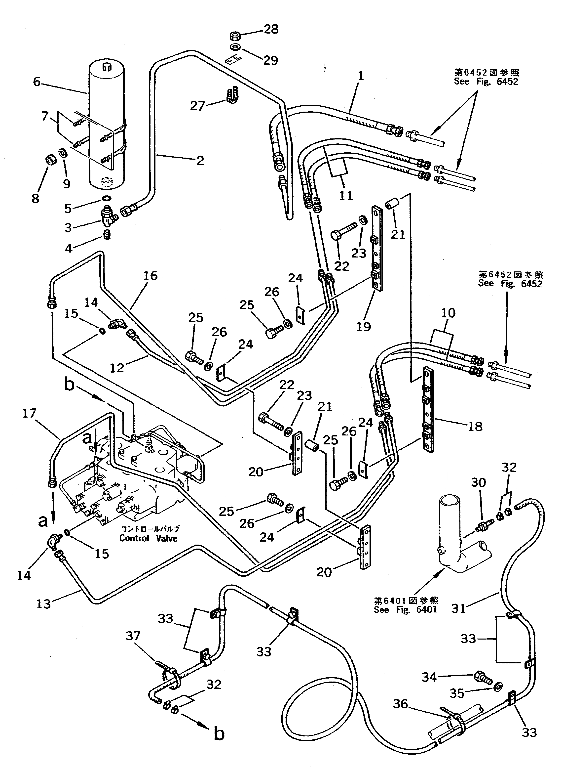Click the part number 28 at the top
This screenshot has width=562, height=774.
[271, 29]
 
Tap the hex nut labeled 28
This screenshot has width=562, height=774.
[235, 36]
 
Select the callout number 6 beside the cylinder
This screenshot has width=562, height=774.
[37, 82]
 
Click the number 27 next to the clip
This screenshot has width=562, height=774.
[197, 106]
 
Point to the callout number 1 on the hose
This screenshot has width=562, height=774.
[361, 76]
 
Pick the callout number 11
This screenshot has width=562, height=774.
[346, 196]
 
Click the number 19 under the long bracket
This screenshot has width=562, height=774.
[364, 327]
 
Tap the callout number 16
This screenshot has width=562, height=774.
[150, 275]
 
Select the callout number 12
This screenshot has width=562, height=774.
[117, 368]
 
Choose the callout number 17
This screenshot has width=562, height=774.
[29, 413]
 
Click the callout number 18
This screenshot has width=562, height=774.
[475, 426]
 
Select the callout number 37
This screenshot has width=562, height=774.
[133, 636]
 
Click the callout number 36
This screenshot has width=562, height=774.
[400, 704]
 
